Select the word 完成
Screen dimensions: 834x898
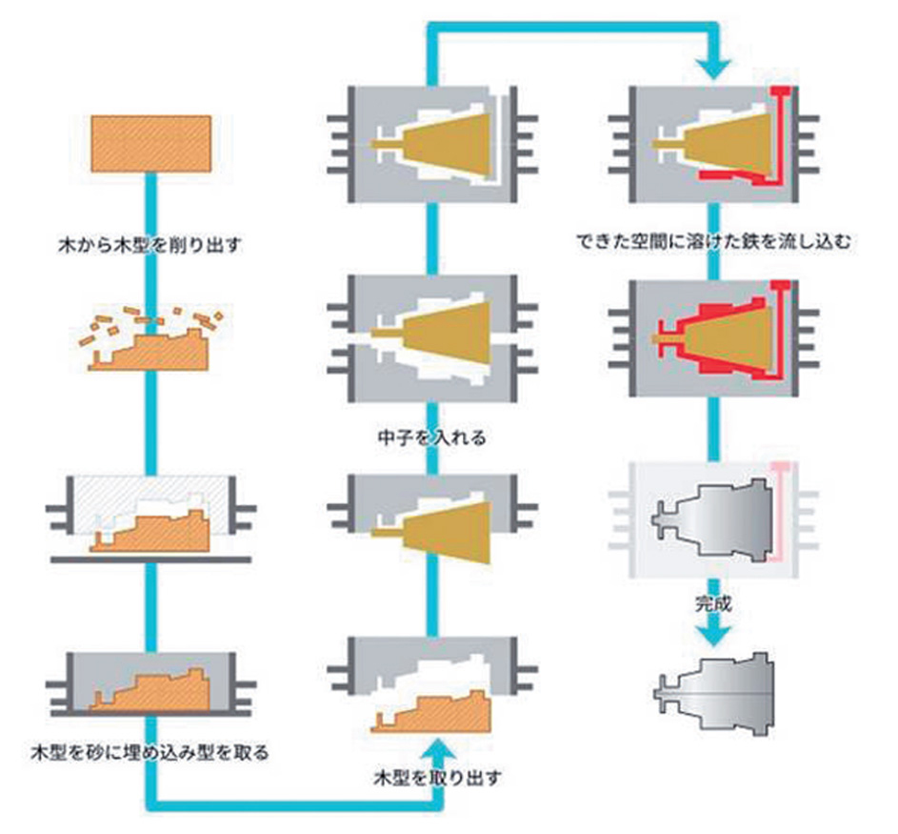[x=715, y=603]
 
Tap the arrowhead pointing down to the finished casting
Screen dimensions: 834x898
[x=715, y=637]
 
